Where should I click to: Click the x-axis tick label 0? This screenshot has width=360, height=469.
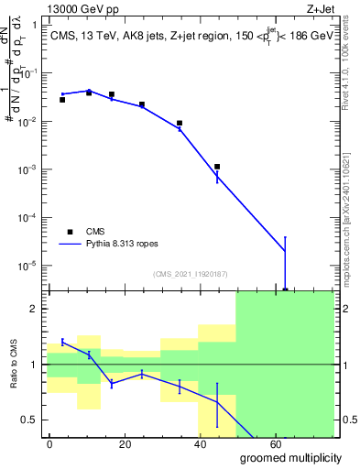click(49, 442)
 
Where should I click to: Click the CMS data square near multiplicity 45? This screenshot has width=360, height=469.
click(217, 167)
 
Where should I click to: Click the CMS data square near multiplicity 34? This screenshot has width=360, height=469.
click(180, 123)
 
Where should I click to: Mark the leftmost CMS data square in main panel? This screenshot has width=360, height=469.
click(62, 99)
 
